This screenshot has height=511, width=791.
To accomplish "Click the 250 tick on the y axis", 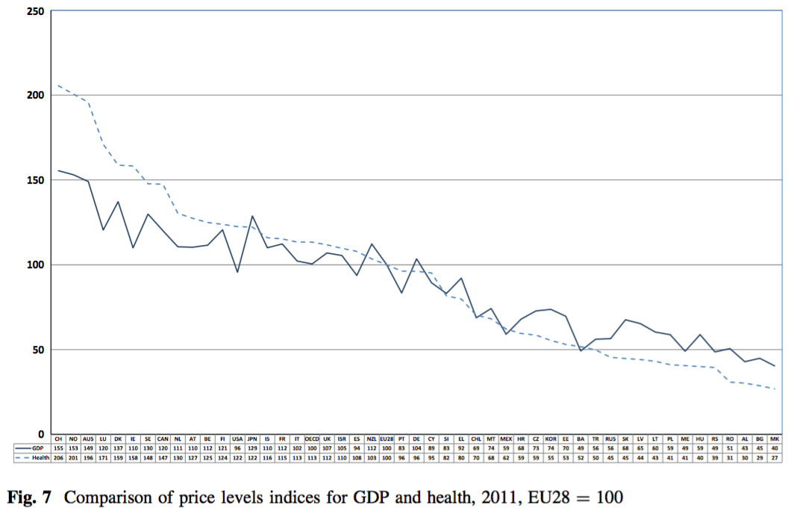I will coord(33,11).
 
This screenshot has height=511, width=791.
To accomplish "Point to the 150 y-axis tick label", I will coord(33,180).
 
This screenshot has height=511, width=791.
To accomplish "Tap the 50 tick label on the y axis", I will coord(36,350).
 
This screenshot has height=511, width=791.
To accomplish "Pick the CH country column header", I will coord(58,439).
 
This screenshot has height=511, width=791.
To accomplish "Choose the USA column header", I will coord(237,439).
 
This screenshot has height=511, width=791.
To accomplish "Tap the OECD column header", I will coord(312,439).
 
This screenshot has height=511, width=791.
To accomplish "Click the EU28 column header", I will coord(387,439).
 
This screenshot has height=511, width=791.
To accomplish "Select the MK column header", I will coord(775,439).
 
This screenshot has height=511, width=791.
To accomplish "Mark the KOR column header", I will coord(551,439).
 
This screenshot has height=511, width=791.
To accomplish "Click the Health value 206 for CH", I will coord(58,456).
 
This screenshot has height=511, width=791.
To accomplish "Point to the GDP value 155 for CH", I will coord(58,447).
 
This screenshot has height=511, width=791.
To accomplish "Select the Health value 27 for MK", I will coord(775,456).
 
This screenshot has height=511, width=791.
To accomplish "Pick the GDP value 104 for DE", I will coord(416,447).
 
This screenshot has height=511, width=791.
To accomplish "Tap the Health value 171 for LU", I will coord(103,456).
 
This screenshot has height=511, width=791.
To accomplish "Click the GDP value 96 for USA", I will coord(237,447).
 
